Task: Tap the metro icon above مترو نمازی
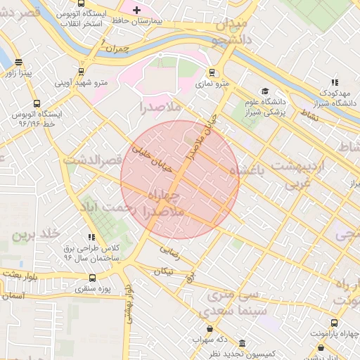pyautogui.click(x=212, y=72)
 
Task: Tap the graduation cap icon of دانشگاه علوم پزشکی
pyautogui.click(x=265, y=91)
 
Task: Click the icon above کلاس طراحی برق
pyautogui.click(x=90, y=238)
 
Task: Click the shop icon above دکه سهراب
pyautogui.click(x=209, y=328)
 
